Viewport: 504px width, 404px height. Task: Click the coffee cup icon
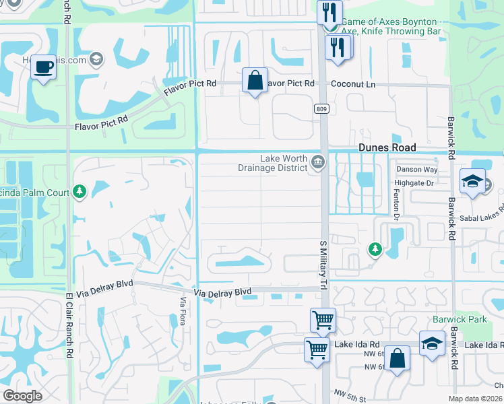[x=44, y=67]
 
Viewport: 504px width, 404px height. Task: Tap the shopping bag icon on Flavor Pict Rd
[x=255, y=80]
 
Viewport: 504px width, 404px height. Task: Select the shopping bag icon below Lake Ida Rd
[x=397, y=358]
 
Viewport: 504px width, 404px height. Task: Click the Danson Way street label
[x=416, y=170]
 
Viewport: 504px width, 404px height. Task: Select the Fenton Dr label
[x=397, y=204]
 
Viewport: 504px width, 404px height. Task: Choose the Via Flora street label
[x=183, y=311]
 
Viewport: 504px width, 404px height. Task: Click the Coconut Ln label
[x=352, y=84]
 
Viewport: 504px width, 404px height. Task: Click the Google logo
[x=23, y=396]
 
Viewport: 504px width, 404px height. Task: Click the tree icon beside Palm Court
[x=80, y=193]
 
